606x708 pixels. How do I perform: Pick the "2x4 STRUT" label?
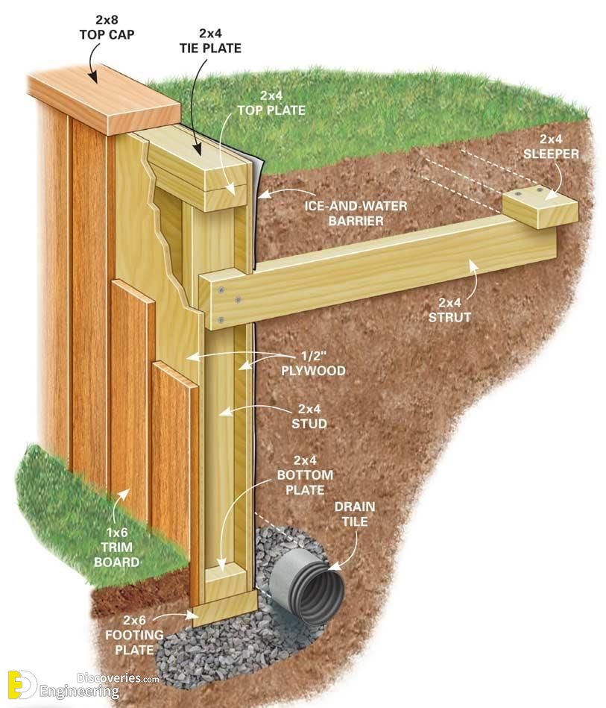click(446, 309)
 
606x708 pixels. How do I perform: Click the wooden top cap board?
click(104, 98)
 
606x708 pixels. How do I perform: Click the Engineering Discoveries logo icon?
click(22, 684)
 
